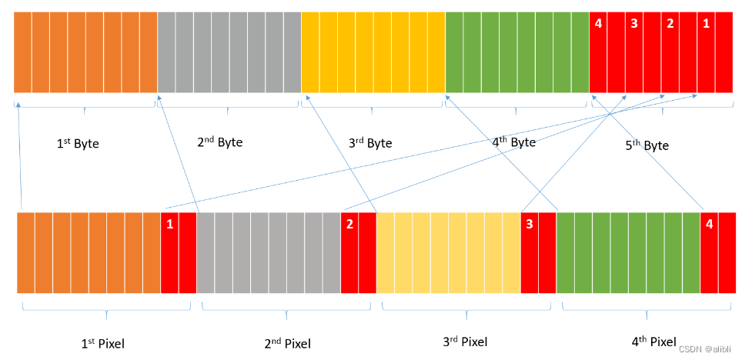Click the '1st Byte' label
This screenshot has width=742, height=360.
pos(78,144)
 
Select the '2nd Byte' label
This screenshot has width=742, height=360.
pos(220,142)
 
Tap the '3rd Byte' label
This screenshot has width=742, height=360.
pos(370,143)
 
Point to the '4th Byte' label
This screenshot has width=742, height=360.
pos(513,142)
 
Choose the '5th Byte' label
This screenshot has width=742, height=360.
pos(647,145)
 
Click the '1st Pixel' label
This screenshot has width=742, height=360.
pos(102,343)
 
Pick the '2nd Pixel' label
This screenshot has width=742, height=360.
pos(287,343)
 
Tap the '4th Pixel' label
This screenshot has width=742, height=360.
pos(654,341)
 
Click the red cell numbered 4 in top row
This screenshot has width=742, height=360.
pos(599,52)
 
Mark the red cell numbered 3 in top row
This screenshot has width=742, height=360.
pos(634,52)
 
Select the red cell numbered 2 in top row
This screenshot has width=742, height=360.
pos(670,52)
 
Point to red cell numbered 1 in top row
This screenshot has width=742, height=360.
pos(706,52)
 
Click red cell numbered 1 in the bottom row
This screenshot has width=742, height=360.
pos(170,253)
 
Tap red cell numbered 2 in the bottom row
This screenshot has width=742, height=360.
pos(349,253)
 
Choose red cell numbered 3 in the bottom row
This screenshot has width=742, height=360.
pos(530,253)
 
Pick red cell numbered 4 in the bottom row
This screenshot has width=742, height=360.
pos(709,253)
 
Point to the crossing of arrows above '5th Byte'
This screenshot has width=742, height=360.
pos(610,114)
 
